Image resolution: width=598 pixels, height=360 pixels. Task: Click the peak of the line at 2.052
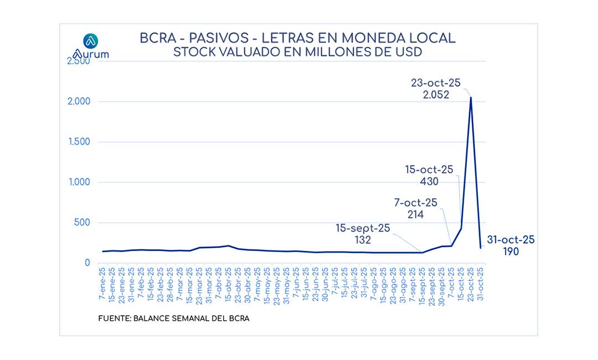[471, 97]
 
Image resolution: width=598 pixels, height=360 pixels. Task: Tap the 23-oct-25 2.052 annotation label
[436, 89]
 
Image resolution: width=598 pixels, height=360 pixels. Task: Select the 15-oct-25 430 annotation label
[430, 176]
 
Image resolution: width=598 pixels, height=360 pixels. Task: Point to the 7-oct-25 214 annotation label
[415, 209]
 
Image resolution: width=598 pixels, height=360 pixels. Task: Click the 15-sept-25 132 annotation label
[363, 234]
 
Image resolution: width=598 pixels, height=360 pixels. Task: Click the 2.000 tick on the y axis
[80, 101]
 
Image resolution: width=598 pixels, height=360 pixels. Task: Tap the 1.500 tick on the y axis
[80, 142]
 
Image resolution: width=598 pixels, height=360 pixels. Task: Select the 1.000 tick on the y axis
[80, 182]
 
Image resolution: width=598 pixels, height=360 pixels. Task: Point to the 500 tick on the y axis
[83, 223]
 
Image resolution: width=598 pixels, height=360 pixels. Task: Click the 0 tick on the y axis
[87, 263]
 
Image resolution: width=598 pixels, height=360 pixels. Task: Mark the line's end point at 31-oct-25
[481, 248]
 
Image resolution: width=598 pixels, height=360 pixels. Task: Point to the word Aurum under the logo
[91, 54]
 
